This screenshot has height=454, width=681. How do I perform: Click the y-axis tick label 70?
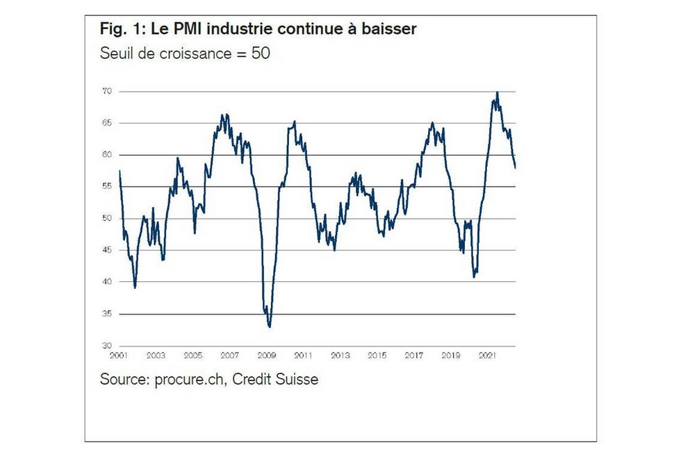[x=107, y=91]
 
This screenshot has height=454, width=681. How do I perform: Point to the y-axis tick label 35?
[x=107, y=314]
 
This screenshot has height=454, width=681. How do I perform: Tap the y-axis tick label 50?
[x=107, y=218]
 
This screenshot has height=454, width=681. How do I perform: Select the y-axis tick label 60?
[x=107, y=155]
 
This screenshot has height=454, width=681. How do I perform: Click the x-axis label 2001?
[x=119, y=355]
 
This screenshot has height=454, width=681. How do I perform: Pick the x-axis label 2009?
[x=266, y=355]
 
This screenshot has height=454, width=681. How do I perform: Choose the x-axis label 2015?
[x=377, y=355]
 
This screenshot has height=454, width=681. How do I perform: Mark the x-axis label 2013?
[x=340, y=355]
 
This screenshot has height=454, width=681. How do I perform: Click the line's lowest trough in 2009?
[x=270, y=326]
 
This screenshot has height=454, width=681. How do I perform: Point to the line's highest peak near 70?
[x=497, y=92]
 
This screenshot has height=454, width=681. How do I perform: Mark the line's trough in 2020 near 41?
[x=474, y=276]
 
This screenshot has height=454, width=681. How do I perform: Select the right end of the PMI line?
[x=515, y=167]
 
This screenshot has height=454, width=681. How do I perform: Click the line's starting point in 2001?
[x=120, y=171]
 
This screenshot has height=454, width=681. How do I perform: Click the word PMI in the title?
[x=188, y=31]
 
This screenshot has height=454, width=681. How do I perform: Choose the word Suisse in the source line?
[x=295, y=380]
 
